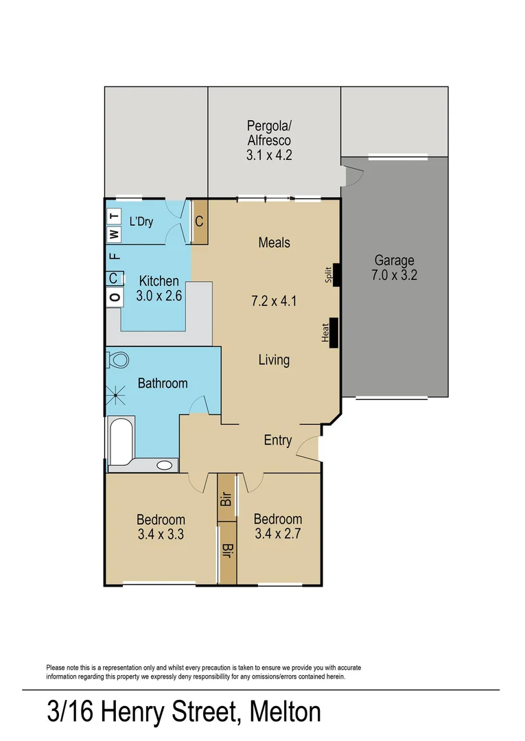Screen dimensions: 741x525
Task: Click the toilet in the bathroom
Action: [119, 360]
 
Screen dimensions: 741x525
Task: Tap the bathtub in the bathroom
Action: [121, 437]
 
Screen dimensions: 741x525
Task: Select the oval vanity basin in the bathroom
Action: [165, 465]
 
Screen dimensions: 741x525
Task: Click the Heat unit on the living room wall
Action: [333, 333]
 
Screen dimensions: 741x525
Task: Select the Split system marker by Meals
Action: [336, 274]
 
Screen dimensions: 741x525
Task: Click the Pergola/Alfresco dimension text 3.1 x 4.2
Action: [269, 155]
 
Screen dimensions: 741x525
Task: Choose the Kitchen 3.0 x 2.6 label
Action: [159, 289]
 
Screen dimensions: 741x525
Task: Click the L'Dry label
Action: [141, 222]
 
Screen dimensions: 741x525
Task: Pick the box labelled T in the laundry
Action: [115, 216]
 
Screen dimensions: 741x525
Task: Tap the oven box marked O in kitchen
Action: [115, 297]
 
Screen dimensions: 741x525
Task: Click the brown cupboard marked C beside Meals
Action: [199, 222]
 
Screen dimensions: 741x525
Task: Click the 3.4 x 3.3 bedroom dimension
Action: [161, 534]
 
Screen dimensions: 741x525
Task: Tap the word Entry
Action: [278, 440]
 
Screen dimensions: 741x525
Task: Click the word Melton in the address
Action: [285, 711]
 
